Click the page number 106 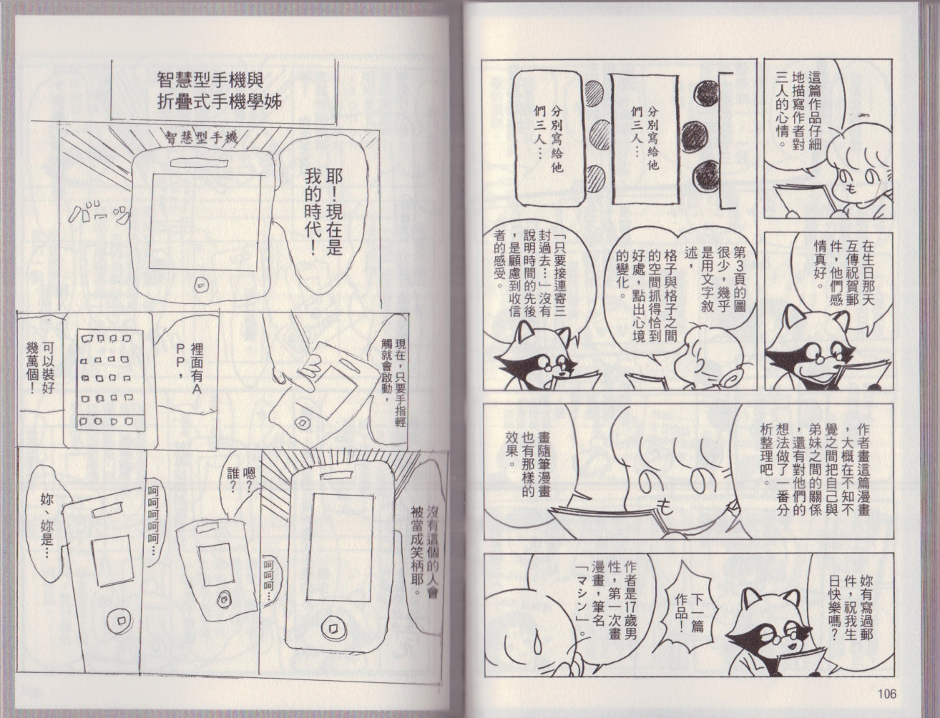click(x=886, y=694)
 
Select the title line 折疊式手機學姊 click(x=220, y=103)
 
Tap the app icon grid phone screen click(x=110, y=380)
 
